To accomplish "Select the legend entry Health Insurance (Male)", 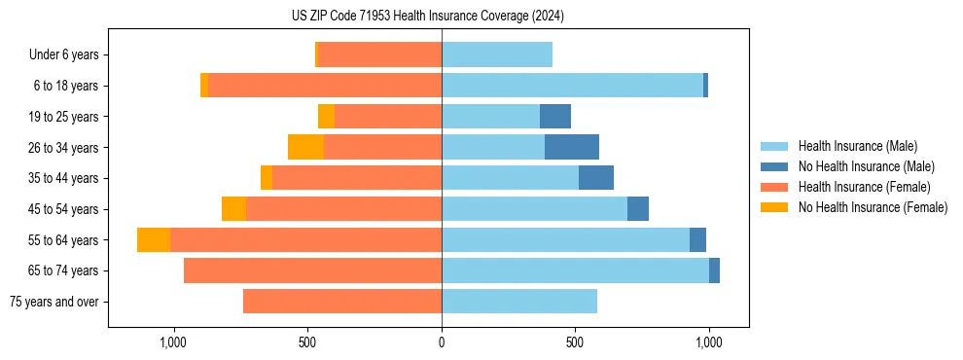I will [x=857, y=146].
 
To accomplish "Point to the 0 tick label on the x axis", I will [x=442, y=342].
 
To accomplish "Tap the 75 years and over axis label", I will [x=53, y=302].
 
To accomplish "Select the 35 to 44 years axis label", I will [x=62, y=178].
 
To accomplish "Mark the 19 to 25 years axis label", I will [x=62, y=117].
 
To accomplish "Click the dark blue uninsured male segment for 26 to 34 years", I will [x=572, y=147].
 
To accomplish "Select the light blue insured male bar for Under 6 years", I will [x=497, y=54].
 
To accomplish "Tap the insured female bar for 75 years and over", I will [x=342, y=302].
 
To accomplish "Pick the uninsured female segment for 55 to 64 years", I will [x=154, y=240].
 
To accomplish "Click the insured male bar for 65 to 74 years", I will [x=575, y=270].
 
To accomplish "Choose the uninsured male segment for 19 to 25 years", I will [x=555, y=117].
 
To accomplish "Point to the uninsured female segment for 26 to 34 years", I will [x=305, y=147].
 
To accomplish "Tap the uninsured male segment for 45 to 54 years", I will [x=638, y=209].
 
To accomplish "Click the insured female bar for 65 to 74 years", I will [x=312, y=270].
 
